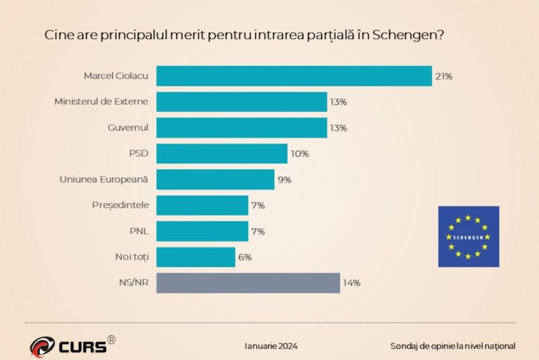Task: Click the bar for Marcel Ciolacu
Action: pyautogui.click(x=294, y=76)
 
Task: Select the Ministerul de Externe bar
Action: pyautogui.click(x=242, y=102)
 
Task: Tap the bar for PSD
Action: pyautogui.click(x=222, y=154)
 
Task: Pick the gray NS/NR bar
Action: pyautogui.click(x=248, y=282)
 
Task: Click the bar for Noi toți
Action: pyautogui.click(x=196, y=257)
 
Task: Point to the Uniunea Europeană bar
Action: pyautogui.click(x=216, y=179)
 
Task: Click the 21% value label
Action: pyautogui.click(x=443, y=76)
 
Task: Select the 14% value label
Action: pyautogui.click(x=352, y=283)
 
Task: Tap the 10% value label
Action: pyautogui.click(x=299, y=154)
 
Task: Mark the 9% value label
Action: pyautogui.click(x=285, y=180)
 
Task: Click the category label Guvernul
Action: pyautogui.click(x=128, y=127)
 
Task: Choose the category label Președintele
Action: pyautogui.click(x=120, y=205)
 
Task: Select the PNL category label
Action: pyautogui.click(x=139, y=231)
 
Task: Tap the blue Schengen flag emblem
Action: pyautogui.click(x=468, y=237)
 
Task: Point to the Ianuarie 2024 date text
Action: pyautogui.click(x=271, y=346)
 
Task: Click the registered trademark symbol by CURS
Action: pyautogui.click(x=111, y=340)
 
